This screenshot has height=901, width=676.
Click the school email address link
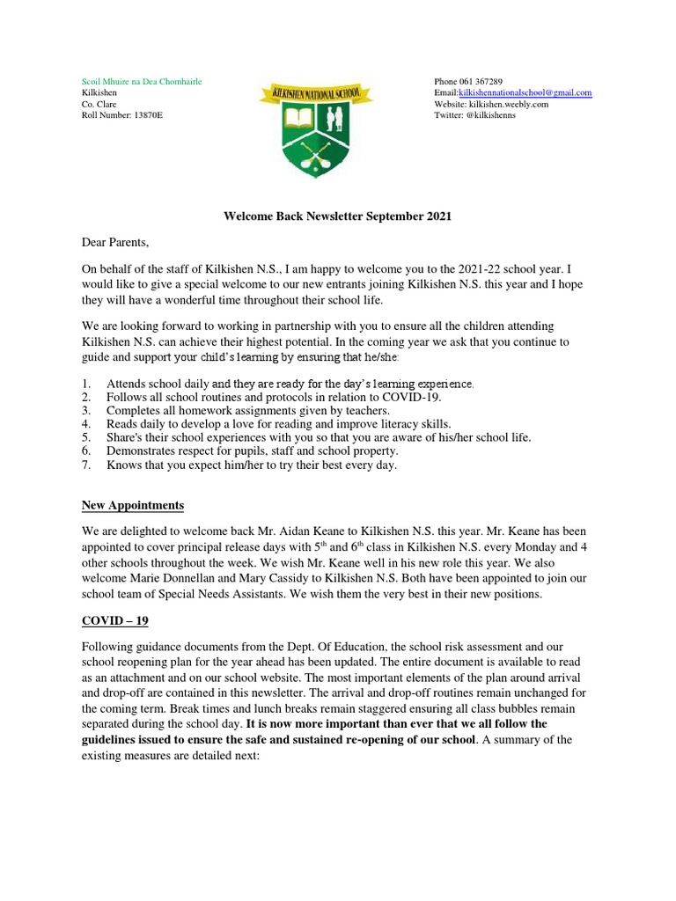click(525, 92)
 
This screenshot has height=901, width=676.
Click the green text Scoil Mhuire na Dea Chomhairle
click(142, 81)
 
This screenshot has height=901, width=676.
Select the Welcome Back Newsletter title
click(337, 217)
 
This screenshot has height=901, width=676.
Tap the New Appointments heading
click(133, 505)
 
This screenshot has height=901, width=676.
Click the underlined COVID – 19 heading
click(115, 620)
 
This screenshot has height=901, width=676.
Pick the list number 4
click(86, 423)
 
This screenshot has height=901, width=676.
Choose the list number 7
click(86, 465)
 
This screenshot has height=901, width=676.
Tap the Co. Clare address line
click(99, 104)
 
